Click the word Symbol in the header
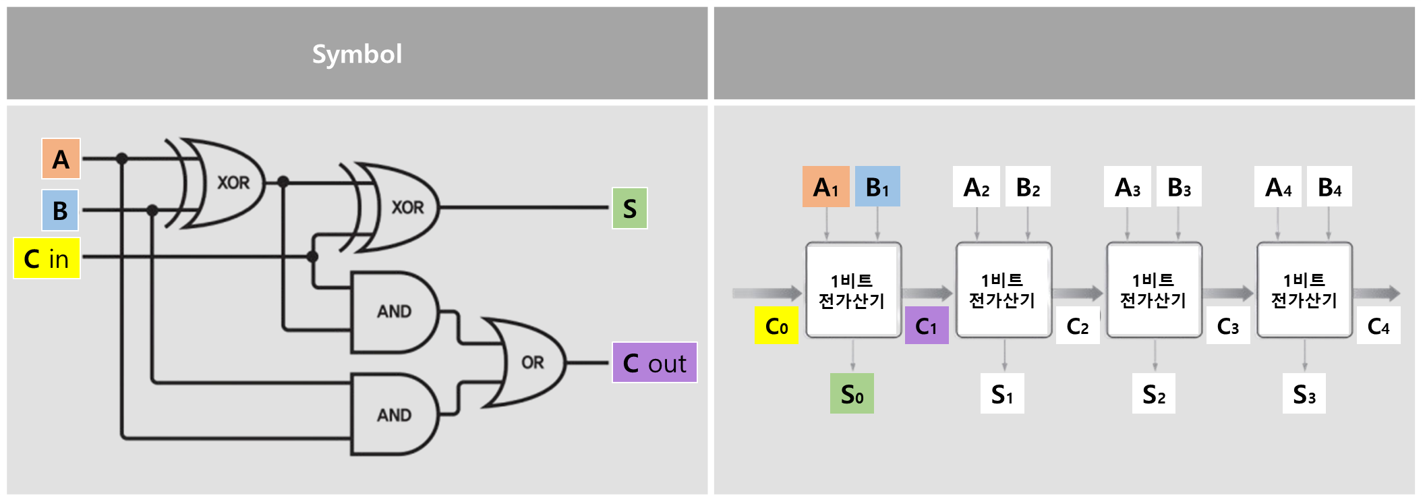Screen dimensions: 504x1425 357,54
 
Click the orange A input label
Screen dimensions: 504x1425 61,159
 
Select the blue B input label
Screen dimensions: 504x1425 60,211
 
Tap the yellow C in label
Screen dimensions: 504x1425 47,258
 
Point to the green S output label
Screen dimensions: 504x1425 629,208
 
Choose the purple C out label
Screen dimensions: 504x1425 654,363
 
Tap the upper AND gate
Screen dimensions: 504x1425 394,312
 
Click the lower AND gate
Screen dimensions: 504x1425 394,415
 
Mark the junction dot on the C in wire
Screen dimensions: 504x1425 312,256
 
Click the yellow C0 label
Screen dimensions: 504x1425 776,326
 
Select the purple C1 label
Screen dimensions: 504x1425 926,326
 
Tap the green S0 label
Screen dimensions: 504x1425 852,393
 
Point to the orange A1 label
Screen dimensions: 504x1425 825,187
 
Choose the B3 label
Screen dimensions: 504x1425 1179,187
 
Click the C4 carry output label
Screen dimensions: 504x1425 1378,326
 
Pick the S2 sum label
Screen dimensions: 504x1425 1154,394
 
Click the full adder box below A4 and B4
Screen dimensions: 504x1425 1304,290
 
